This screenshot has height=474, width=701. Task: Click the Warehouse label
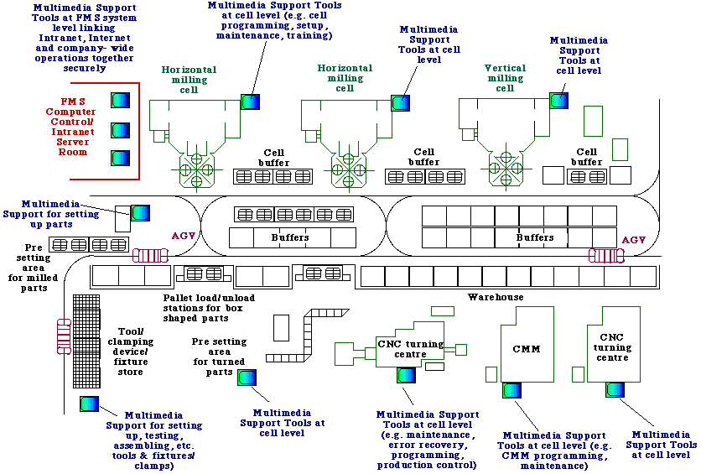click(x=496, y=297)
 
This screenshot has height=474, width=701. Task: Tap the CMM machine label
click(x=526, y=349)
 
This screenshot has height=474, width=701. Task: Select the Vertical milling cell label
click(x=505, y=78)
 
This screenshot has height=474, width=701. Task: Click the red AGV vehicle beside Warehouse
click(x=604, y=255)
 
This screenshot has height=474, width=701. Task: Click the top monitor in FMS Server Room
click(x=122, y=101)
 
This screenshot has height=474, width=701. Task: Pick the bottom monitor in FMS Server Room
click(x=122, y=158)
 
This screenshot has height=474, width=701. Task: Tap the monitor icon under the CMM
click(x=511, y=390)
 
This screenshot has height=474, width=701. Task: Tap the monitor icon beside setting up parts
click(x=140, y=212)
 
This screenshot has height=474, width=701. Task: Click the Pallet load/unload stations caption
click(x=209, y=308)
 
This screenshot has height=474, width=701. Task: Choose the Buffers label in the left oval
click(x=291, y=237)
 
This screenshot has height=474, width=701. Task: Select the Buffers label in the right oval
click(x=535, y=237)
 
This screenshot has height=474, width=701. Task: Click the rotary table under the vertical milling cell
click(x=506, y=163)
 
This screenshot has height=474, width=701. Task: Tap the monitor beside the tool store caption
click(x=90, y=404)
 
